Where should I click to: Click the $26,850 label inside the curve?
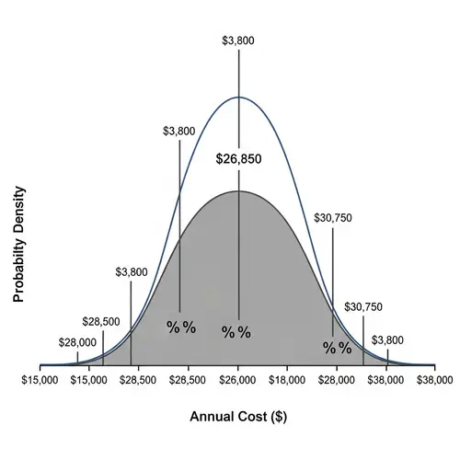(238, 159)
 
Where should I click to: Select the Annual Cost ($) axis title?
(238, 416)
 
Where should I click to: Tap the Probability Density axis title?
(17, 245)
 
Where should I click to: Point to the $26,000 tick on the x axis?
(238, 378)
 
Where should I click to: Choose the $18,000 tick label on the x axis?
(288, 378)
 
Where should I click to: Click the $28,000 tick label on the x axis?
(337, 378)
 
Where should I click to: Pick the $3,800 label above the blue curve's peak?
(238, 40)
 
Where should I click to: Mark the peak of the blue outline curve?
(238, 97)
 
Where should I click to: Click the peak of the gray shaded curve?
(238, 191)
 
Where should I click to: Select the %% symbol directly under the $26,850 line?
(236, 332)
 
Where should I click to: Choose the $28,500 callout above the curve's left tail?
(100, 322)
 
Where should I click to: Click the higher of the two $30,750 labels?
(333, 218)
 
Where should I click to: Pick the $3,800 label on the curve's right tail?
(387, 340)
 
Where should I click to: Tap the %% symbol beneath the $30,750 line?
(337, 348)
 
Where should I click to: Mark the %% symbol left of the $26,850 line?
(180, 327)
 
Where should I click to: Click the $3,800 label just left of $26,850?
(178, 131)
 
